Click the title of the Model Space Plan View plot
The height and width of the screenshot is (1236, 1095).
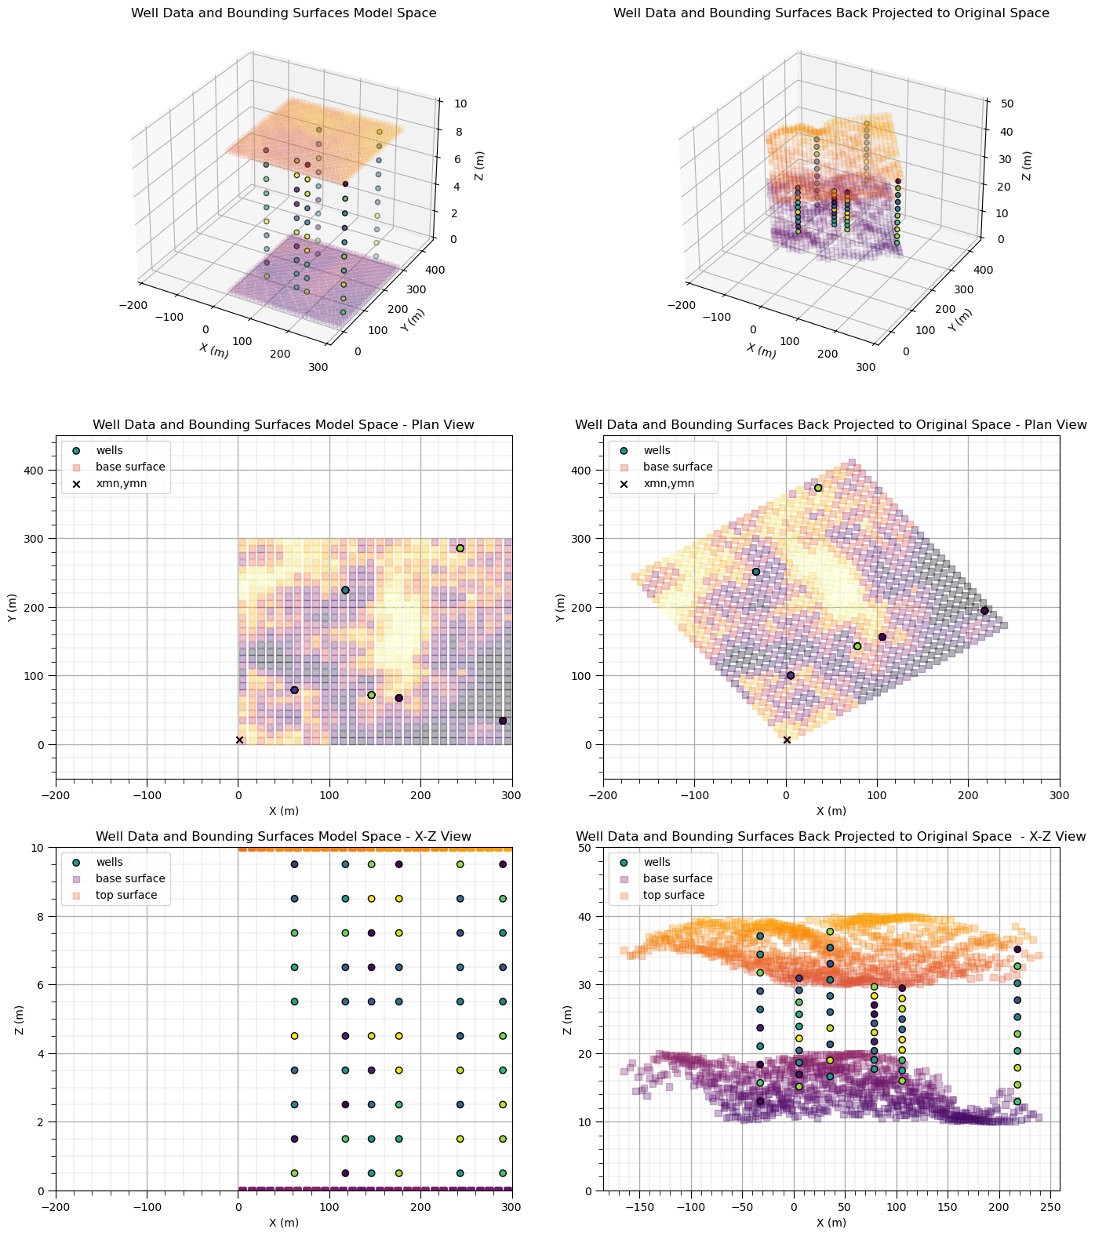click(x=283, y=425)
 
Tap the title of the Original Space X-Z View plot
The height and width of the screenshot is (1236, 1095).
click(x=831, y=837)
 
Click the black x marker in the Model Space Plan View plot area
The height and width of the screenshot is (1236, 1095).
click(x=239, y=740)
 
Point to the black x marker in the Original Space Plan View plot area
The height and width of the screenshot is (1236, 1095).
click(x=787, y=740)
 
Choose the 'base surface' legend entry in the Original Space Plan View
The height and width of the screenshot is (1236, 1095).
click(x=678, y=467)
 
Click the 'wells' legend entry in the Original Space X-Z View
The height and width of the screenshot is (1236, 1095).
click(x=657, y=862)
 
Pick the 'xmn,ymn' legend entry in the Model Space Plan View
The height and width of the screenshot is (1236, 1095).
click(x=121, y=484)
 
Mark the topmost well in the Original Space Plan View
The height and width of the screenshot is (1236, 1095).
click(x=818, y=488)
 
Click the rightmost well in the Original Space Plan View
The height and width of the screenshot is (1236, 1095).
click(x=984, y=611)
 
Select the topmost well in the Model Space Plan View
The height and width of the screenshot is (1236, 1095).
click(x=460, y=548)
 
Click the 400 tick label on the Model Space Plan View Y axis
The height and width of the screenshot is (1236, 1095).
click(x=38, y=471)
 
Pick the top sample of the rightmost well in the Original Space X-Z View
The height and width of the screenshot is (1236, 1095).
click(x=1017, y=949)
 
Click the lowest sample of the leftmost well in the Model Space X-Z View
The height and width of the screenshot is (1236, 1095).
click(x=294, y=1173)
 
